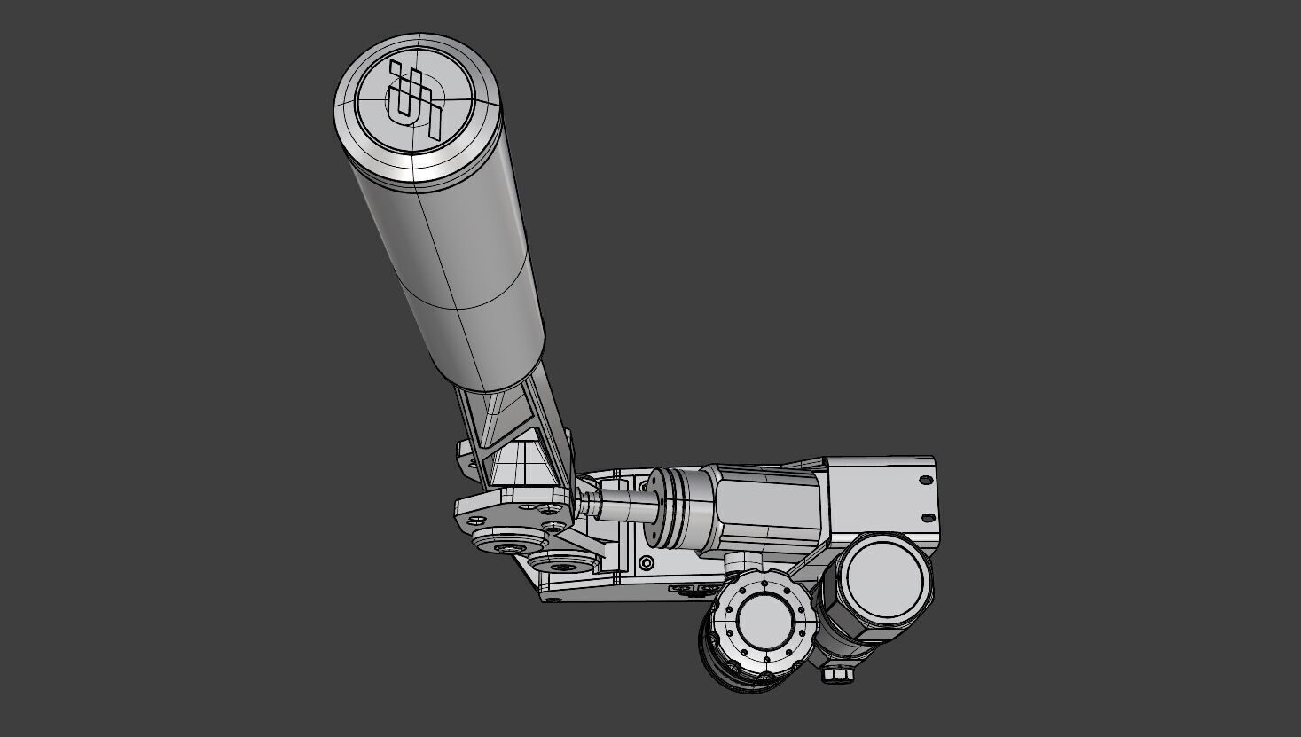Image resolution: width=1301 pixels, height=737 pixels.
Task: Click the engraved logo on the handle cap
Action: coord(413,105)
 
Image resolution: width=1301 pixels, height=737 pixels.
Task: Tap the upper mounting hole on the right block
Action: coord(925,480)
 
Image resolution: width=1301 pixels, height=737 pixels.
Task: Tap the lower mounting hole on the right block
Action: coord(929,518)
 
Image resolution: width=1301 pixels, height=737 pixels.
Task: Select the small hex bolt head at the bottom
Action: coord(836,674)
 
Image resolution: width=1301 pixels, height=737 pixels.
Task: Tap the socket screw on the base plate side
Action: coord(647,562)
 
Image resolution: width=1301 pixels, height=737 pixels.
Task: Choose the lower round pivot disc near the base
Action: coord(561,564)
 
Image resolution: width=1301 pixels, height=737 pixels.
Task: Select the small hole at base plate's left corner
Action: coord(554,600)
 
